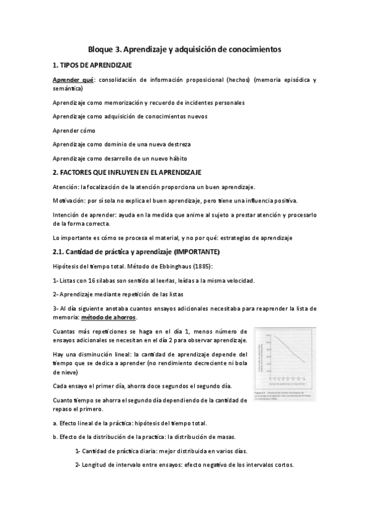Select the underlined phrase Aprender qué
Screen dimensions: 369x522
[73, 80]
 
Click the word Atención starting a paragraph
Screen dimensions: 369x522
[66, 187]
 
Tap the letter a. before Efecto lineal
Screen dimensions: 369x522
[55, 423]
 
